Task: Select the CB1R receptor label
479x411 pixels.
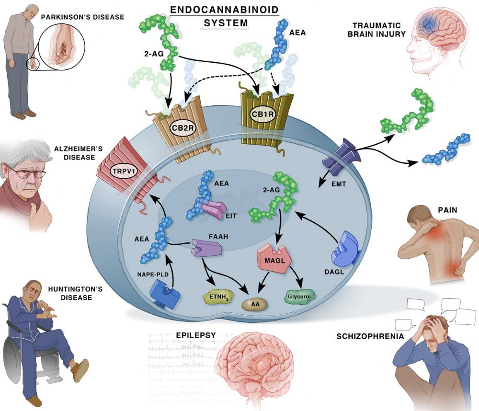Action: coord(262,114)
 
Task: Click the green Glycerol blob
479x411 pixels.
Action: coord(299,297)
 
